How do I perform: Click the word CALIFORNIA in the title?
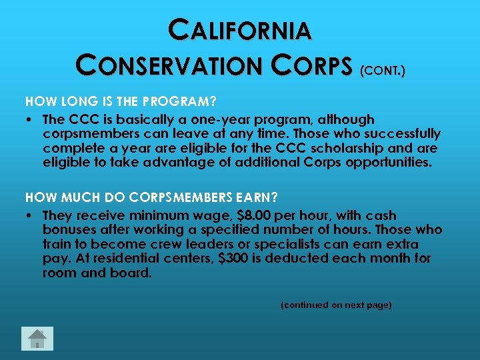(240, 31)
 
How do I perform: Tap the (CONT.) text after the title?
(381, 69)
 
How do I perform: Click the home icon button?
(37, 339)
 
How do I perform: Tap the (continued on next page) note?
(336, 305)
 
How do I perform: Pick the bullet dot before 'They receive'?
(31, 216)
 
